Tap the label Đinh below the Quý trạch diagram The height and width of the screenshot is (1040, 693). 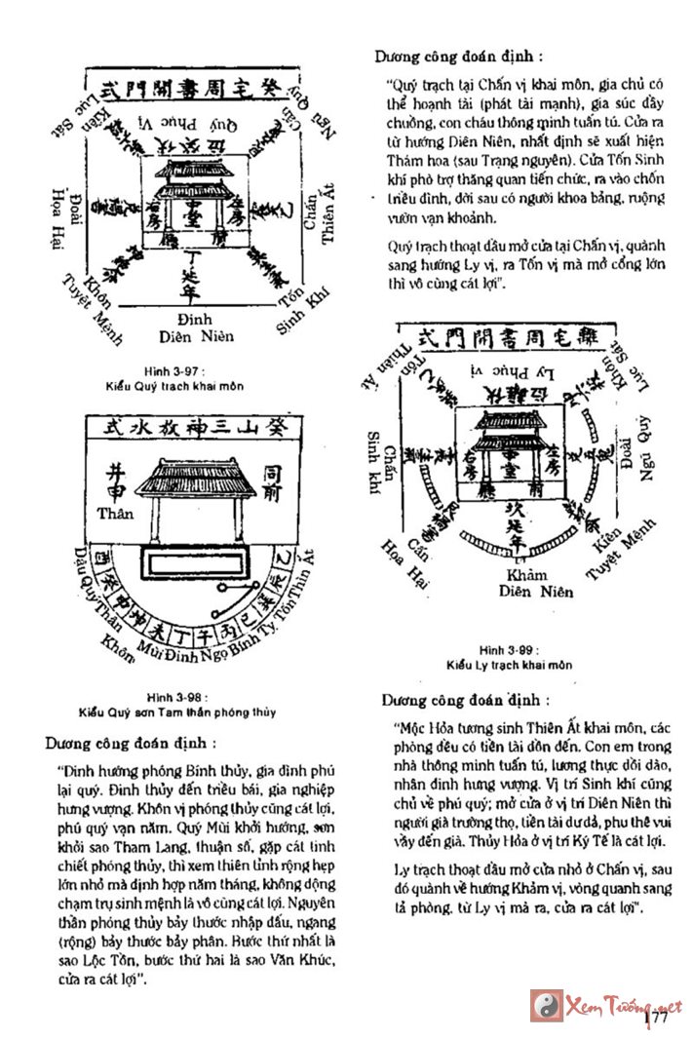click(x=195, y=321)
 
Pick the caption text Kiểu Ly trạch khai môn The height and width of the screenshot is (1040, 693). click(x=510, y=665)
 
